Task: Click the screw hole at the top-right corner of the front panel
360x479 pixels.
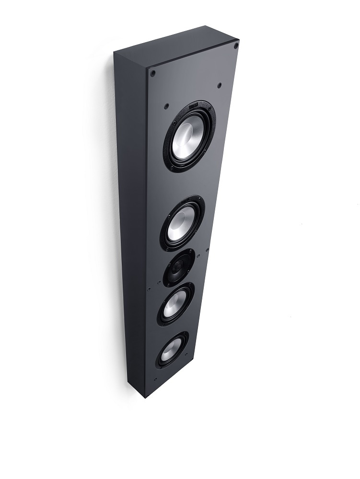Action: (x=236, y=46)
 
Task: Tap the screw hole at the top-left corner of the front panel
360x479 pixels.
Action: (x=153, y=73)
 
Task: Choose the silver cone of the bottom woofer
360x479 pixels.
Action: (x=172, y=349)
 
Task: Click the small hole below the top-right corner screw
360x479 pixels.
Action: (x=219, y=85)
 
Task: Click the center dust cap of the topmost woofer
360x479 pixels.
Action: (x=190, y=134)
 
